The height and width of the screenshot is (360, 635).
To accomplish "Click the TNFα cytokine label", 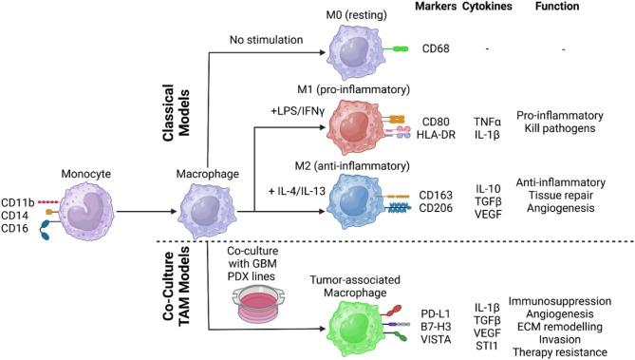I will click(x=483, y=123).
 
